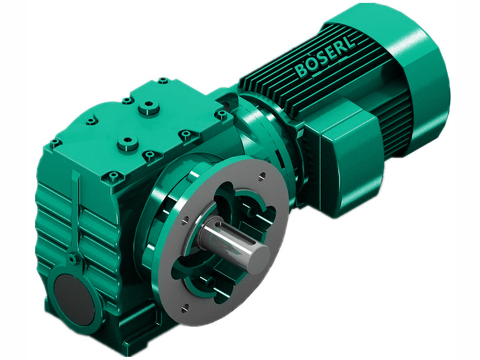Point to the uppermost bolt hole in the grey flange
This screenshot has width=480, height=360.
(x=262, y=176)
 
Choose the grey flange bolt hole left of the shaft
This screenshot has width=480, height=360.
(x=180, y=220)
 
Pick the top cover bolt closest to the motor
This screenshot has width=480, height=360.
(x=221, y=114)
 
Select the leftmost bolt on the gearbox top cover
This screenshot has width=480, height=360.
(x=55, y=143)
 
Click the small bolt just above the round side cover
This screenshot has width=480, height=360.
(x=73, y=259)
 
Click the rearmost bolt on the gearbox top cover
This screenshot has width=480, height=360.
(x=163, y=80)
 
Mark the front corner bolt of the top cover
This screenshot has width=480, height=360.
(x=113, y=176)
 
